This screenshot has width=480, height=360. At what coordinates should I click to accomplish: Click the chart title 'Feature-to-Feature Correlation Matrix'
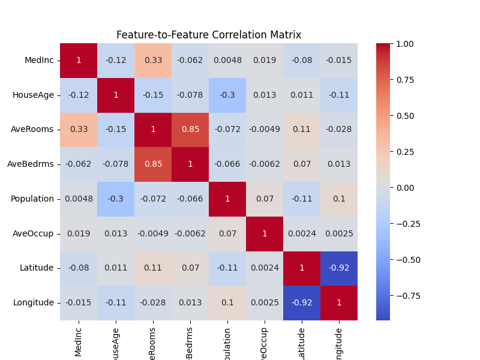tap(209, 35)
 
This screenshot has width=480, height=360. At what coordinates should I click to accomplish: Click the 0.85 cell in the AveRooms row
tap(190, 130)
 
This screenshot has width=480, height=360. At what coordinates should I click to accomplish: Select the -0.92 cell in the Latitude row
tap(339, 268)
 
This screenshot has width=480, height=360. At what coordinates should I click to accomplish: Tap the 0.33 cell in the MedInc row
tap(153, 61)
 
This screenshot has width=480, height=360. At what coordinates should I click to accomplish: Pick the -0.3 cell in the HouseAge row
tap(227, 95)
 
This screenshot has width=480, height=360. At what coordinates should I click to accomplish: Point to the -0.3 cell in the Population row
tap(116, 199)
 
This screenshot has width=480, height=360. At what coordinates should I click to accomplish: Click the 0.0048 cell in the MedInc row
tap(227, 61)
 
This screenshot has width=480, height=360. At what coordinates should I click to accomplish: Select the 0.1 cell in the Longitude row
tap(227, 303)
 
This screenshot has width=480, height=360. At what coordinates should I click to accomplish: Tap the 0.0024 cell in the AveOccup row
tap(302, 233)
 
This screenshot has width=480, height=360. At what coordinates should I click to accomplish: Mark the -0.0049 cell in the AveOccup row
tap(153, 233)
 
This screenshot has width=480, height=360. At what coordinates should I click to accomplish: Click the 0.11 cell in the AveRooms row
tap(302, 130)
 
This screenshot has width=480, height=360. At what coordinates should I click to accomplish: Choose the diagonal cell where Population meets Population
tap(227, 199)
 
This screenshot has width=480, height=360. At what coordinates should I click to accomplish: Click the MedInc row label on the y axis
tap(40, 61)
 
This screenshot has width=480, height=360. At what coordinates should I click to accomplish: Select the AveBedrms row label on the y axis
tap(35, 164)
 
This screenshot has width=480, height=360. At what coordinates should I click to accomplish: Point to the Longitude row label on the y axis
tap(34, 303)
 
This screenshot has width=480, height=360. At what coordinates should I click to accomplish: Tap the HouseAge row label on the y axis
tap(34, 95)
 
